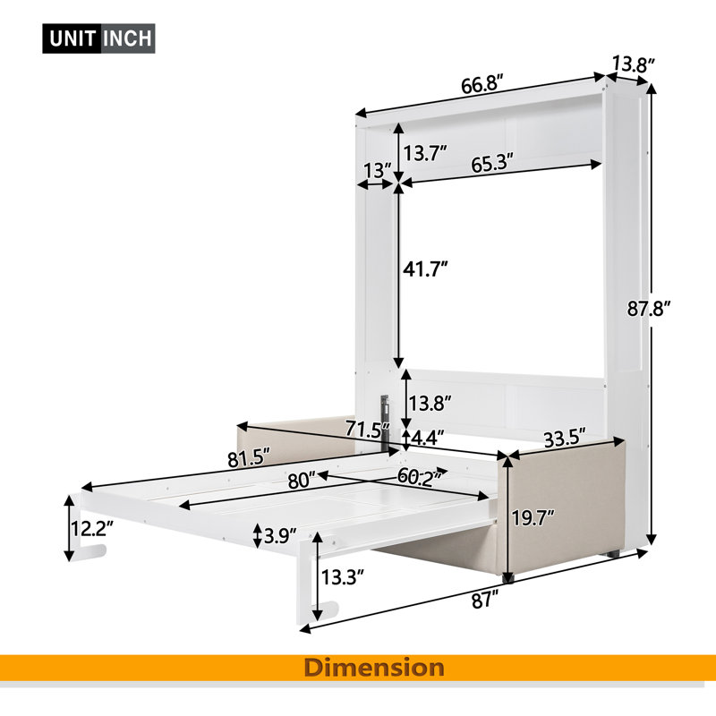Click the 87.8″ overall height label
click(x=648, y=309)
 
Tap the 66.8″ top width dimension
click(x=482, y=85)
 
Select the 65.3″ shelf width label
click(x=492, y=164)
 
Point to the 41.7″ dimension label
click(x=424, y=269)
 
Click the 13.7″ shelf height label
click(x=424, y=153)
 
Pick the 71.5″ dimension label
click(x=368, y=430)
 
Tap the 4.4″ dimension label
click(x=428, y=439)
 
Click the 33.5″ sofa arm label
click(x=565, y=439)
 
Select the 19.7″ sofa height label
click(x=533, y=519)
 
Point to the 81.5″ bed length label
click(x=249, y=458)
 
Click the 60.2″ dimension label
click(x=419, y=476)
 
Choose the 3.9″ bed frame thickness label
click(x=280, y=535)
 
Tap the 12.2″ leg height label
click(x=92, y=529)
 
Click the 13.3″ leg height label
click(x=343, y=577)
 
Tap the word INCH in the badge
click(x=127, y=38)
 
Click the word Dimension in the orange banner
click(x=374, y=668)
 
